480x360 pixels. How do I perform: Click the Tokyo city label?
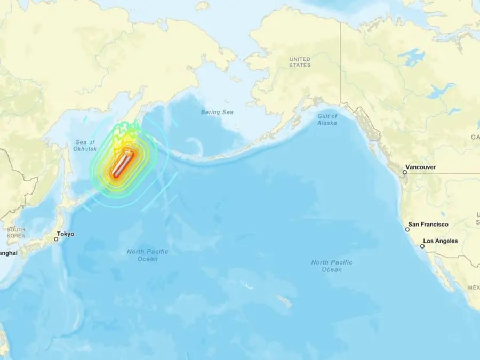coord(66,234)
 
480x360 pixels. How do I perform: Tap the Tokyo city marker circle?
coord(56,239)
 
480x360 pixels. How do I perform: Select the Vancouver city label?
coord(421,167)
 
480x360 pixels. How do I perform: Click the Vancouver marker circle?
coord(405,172)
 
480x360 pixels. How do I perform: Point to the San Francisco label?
coord(428,225)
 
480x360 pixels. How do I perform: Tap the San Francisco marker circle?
coord(407,229)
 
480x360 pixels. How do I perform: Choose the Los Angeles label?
coord(441,241)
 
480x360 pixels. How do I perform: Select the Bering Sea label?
coord(217,112)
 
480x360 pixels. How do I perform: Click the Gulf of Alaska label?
coord(327,119)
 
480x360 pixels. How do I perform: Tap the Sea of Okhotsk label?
coord(84,145)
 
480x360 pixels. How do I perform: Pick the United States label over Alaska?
coord(299,62)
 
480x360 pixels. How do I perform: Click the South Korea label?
coord(16,232)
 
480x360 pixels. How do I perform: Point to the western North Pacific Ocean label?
coord(148,255)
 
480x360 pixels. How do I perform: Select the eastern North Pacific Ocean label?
coord(332,266)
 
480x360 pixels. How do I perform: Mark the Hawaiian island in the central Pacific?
coord(285,302)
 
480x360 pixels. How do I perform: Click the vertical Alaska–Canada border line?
coord(341,64)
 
